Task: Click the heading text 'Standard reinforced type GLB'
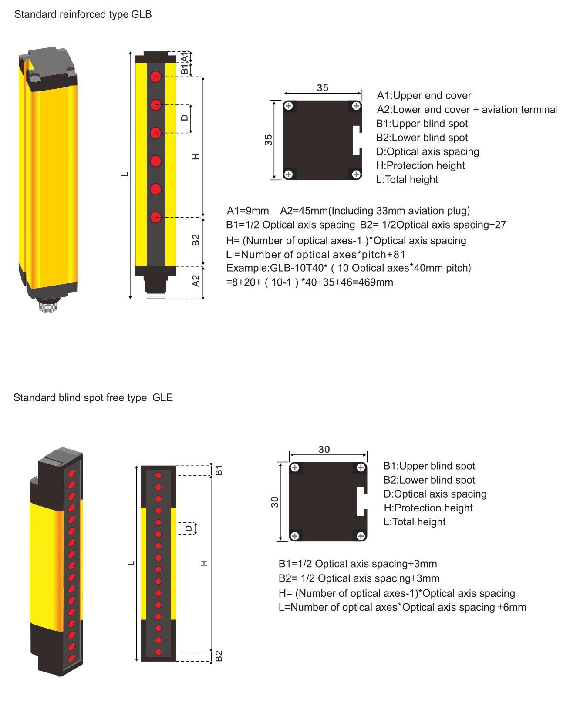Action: point(83,15)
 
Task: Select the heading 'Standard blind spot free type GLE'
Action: point(93,397)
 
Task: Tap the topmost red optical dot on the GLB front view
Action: point(155,77)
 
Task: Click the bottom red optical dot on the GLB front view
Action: point(155,218)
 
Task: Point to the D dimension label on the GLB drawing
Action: point(185,118)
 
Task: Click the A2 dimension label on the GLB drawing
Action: point(196,281)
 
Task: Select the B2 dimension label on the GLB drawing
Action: point(196,240)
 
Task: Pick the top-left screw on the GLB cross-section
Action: point(288,106)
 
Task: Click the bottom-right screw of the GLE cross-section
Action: point(361,536)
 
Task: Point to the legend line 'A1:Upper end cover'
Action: point(424,95)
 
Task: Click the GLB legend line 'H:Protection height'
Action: point(420,165)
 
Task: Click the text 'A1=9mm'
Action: point(248,211)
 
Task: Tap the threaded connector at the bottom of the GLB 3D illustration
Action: point(48,305)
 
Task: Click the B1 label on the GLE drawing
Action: point(219,470)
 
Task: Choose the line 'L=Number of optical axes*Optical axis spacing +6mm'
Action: point(402,607)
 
